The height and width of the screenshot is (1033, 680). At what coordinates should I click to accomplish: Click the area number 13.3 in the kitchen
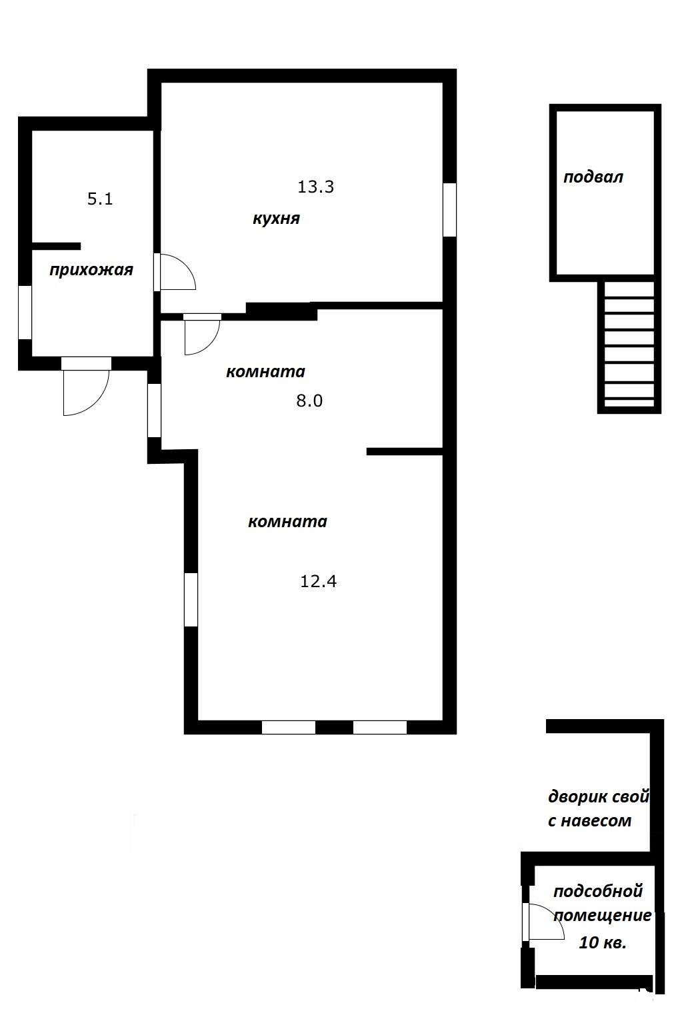pos(315,187)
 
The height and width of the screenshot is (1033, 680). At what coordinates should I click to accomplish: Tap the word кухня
pos(276,219)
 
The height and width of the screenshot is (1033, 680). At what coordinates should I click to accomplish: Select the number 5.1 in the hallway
pos(100,199)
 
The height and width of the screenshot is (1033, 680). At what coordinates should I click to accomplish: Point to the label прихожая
pos(91,270)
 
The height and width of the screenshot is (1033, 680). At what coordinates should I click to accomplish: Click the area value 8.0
pos(309,401)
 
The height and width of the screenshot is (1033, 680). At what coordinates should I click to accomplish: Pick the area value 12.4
pos(319,581)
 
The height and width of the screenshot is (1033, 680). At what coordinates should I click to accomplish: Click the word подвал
pos(593,177)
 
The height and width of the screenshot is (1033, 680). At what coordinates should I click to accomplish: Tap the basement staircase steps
pos(629,347)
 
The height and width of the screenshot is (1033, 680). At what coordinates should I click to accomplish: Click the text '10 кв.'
pos(603,943)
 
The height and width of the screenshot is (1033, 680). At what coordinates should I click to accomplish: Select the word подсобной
pos(598,891)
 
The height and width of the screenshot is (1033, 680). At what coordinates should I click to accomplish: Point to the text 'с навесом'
pos(589,821)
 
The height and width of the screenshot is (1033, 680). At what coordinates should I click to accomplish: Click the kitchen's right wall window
pos(450,209)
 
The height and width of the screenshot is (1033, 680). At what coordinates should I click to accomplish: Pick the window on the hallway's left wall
pos(25,312)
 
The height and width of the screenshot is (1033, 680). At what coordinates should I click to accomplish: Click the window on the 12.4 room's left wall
pos(191,599)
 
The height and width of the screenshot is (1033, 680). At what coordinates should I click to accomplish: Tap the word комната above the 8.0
pos(265,372)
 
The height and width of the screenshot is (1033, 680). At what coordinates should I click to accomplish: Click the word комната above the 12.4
pos(287,522)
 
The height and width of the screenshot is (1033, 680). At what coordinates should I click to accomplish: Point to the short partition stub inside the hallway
pos(56,246)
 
